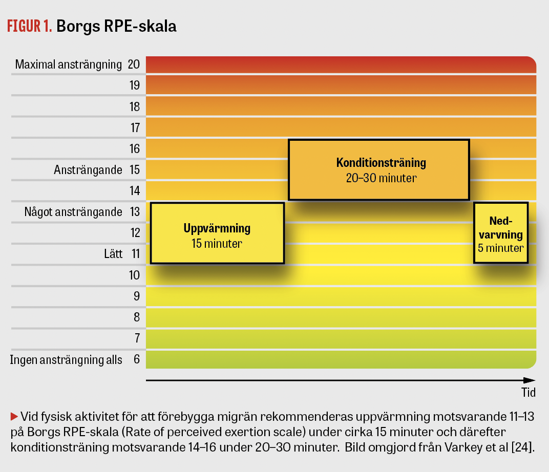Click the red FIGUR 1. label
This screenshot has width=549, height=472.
pyautogui.click(x=29, y=27)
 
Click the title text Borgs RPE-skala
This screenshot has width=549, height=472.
pyautogui.click(x=116, y=27)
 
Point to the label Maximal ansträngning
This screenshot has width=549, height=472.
pyautogui.click(x=68, y=65)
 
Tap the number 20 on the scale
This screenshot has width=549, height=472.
pyautogui.click(x=134, y=65)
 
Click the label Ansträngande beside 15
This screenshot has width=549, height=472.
pyautogui.click(x=88, y=170)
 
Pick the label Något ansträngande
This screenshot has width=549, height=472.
pyautogui.click(x=73, y=212)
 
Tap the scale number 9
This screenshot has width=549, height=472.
pyautogui.click(x=136, y=296)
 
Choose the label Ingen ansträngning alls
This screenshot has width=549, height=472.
pyautogui.click(x=66, y=359)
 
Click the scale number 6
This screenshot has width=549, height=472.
pyautogui.click(x=136, y=359)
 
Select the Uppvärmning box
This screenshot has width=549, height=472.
pyautogui.click(x=217, y=233)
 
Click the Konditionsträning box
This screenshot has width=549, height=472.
pyautogui.click(x=379, y=169)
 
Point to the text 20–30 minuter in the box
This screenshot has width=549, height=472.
pyautogui.click(x=381, y=178)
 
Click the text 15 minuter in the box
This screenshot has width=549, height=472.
pyautogui.click(x=217, y=244)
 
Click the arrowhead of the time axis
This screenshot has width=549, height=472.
pyautogui.click(x=530, y=380)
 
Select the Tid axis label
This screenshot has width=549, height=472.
pyautogui.click(x=529, y=393)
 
